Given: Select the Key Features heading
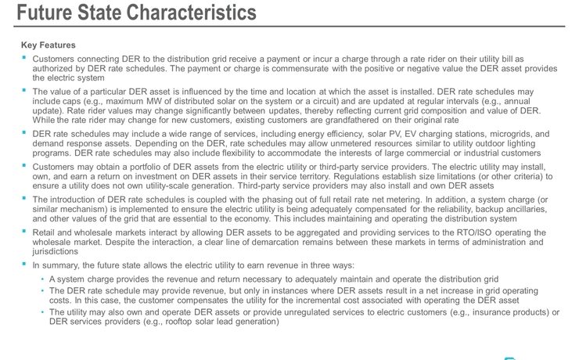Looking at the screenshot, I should click(x=50, y=45).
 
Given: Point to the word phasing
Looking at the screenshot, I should click(x=289, y=200).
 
